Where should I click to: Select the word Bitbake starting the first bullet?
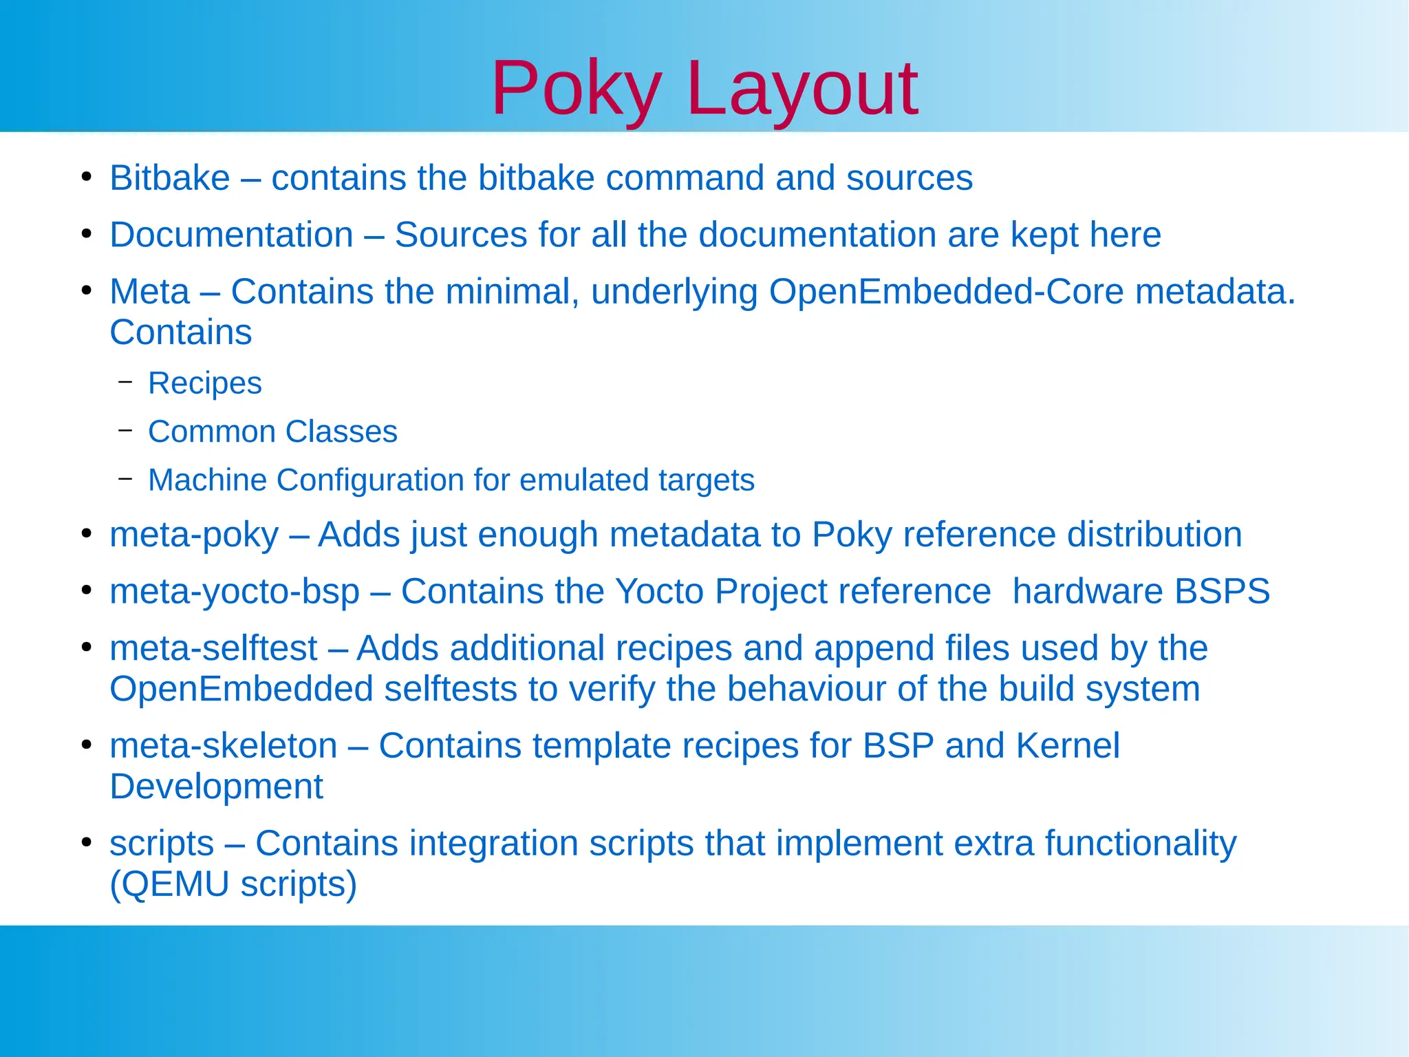tap(169, 178)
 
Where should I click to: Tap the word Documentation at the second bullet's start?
tap(231, 235)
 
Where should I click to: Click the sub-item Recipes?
tap(205, 383)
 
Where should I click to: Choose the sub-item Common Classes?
tap(272, 432)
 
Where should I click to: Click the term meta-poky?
tap(194, 535)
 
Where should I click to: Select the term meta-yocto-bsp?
tap(235, 592)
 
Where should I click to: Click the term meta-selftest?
tap(213, 649)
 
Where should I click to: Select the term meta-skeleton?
tap(224, 746)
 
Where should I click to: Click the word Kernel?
tap(1067, 746)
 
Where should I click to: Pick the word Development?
tap(216, 787)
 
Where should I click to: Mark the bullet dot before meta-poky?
tap(86, 534)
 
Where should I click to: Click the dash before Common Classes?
tap(125, 431)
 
